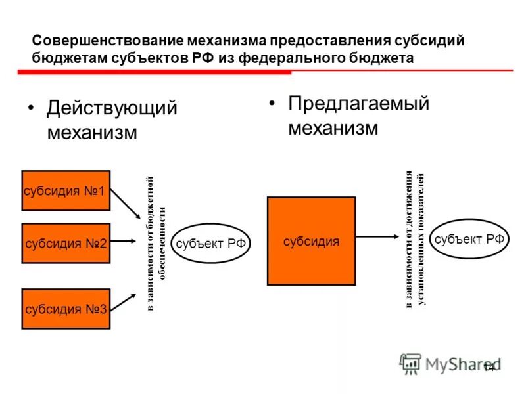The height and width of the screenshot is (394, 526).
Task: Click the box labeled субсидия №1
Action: tap(66, 190)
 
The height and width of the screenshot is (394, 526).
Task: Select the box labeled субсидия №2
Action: tap(66, 243)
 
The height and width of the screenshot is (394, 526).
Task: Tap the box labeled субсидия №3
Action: tap(66, 309)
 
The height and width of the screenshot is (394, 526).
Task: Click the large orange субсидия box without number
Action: tap(311, 241)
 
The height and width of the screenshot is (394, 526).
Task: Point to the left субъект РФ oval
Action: tap(211, 243)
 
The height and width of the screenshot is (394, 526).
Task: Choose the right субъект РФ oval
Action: tap(469, 239)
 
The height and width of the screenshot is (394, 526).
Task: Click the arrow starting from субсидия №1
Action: tap(126, 204)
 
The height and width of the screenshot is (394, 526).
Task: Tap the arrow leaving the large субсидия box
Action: tap(377, 237)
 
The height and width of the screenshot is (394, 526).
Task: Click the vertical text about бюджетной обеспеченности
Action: tap(156, 243)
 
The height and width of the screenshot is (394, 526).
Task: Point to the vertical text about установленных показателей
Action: tap(415, 239)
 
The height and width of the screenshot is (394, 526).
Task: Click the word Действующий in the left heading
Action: tap(112, 108)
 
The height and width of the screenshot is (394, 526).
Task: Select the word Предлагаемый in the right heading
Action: tap(358, 104)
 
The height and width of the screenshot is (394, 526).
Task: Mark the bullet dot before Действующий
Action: tap(30, 108)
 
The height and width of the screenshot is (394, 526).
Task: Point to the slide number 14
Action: tap(489, 367)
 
